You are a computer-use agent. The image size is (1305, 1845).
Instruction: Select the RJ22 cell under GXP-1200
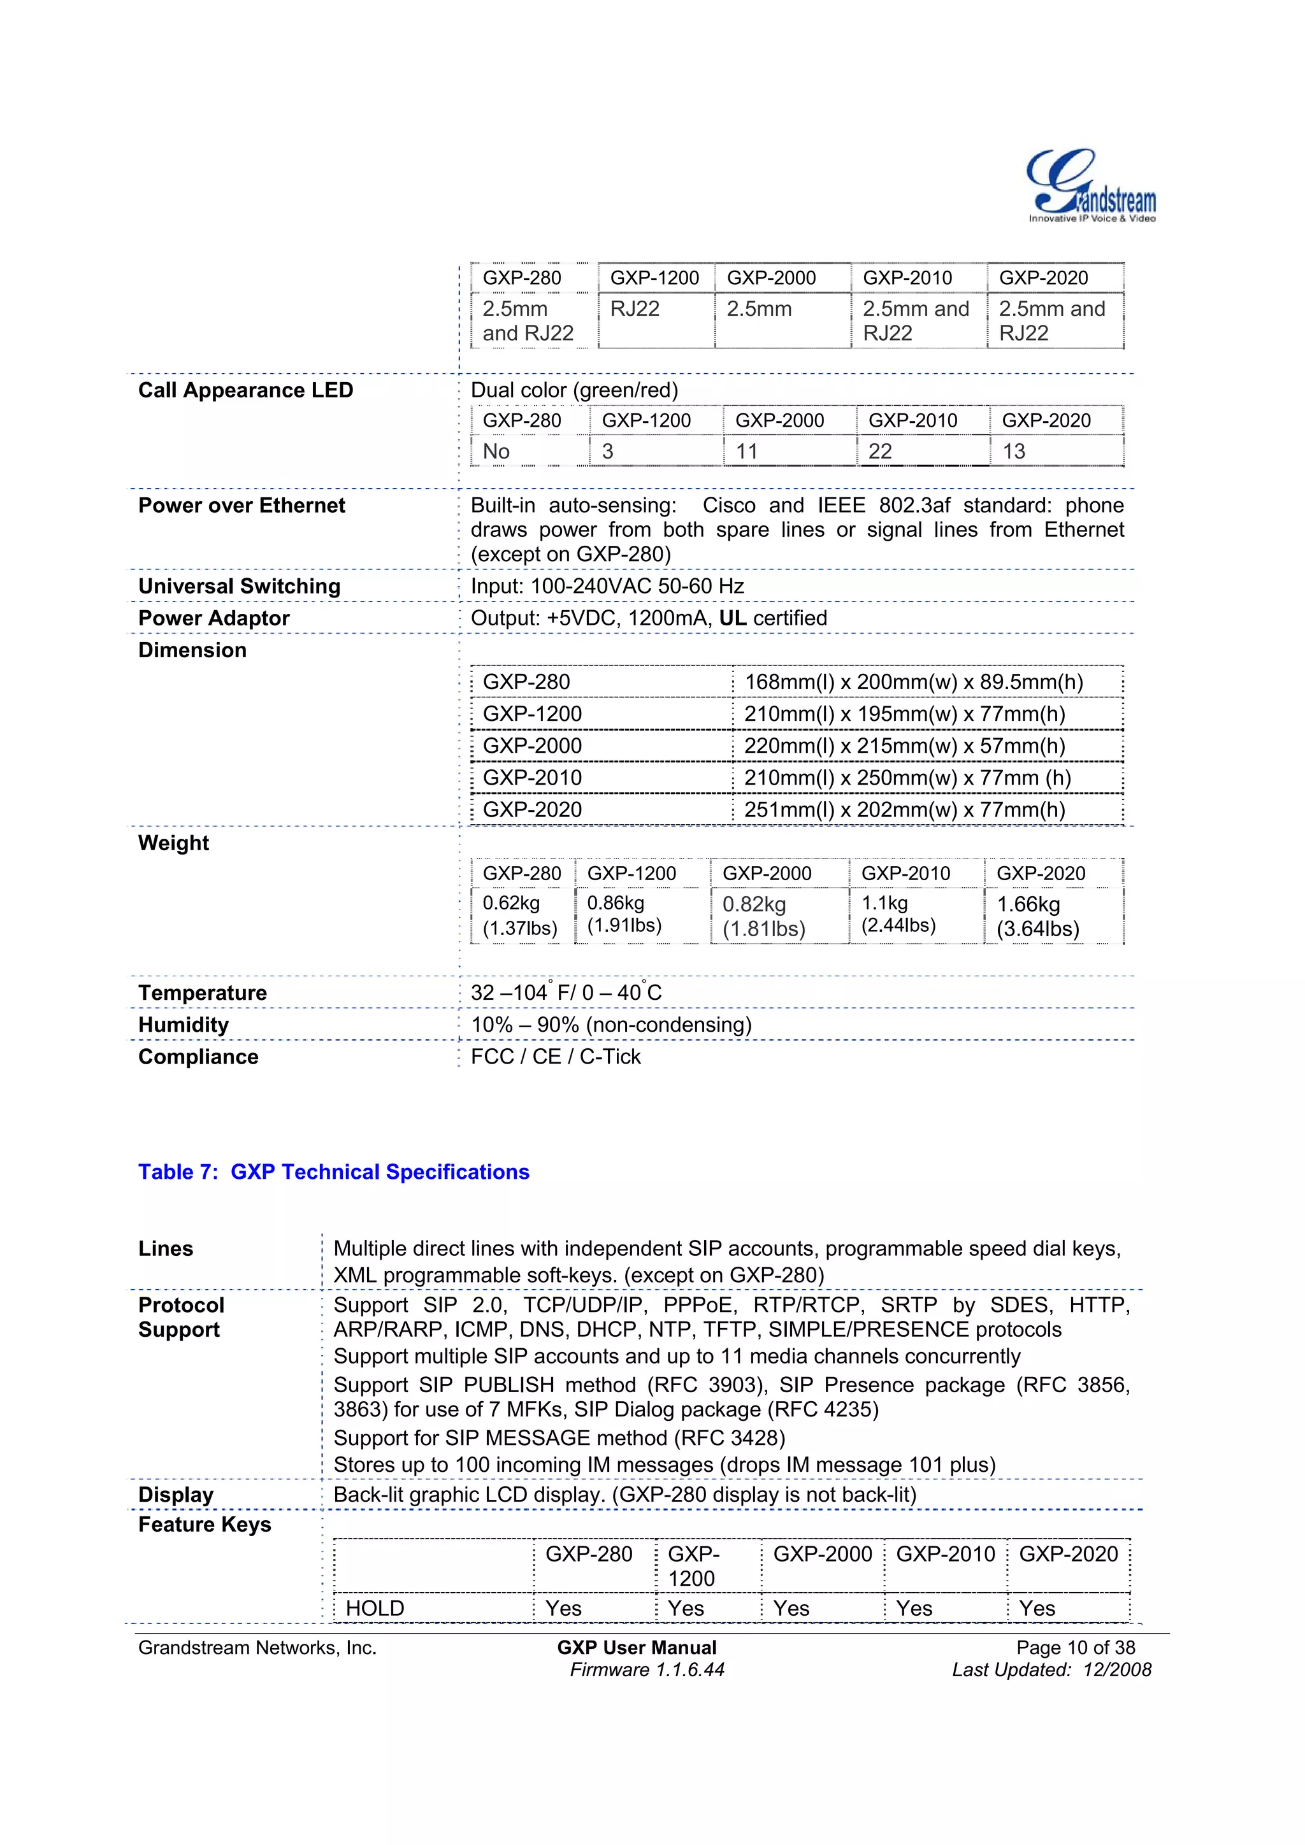[635, 310]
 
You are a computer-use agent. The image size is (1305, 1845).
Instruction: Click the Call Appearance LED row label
[245, 390]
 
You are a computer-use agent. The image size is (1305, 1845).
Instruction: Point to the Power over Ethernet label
[242, 506]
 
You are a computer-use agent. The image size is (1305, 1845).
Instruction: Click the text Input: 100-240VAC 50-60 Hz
[607, 586]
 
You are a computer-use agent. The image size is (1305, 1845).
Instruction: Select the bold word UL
[733, 618]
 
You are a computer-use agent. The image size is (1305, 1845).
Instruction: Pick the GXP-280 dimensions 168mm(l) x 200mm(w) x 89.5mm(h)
[913, 682]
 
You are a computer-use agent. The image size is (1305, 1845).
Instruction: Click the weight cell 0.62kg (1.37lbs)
[519, 915]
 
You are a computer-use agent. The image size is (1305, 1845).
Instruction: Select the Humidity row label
[184, 1025]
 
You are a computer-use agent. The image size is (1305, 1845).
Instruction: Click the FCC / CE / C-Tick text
[556, 1057]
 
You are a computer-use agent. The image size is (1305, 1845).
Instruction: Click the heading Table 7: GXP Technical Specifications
[334, 1172]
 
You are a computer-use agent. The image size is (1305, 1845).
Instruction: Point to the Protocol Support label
[181, 1317]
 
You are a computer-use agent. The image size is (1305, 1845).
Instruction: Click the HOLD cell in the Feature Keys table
[375, 1608]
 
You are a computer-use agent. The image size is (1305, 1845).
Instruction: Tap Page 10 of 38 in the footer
[1075, 1648]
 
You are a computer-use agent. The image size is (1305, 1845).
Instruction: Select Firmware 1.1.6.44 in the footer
[647, 1670]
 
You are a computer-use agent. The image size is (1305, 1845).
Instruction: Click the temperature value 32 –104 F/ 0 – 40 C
[566, 992]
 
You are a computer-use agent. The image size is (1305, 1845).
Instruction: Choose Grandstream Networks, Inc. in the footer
[257, 1648]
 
